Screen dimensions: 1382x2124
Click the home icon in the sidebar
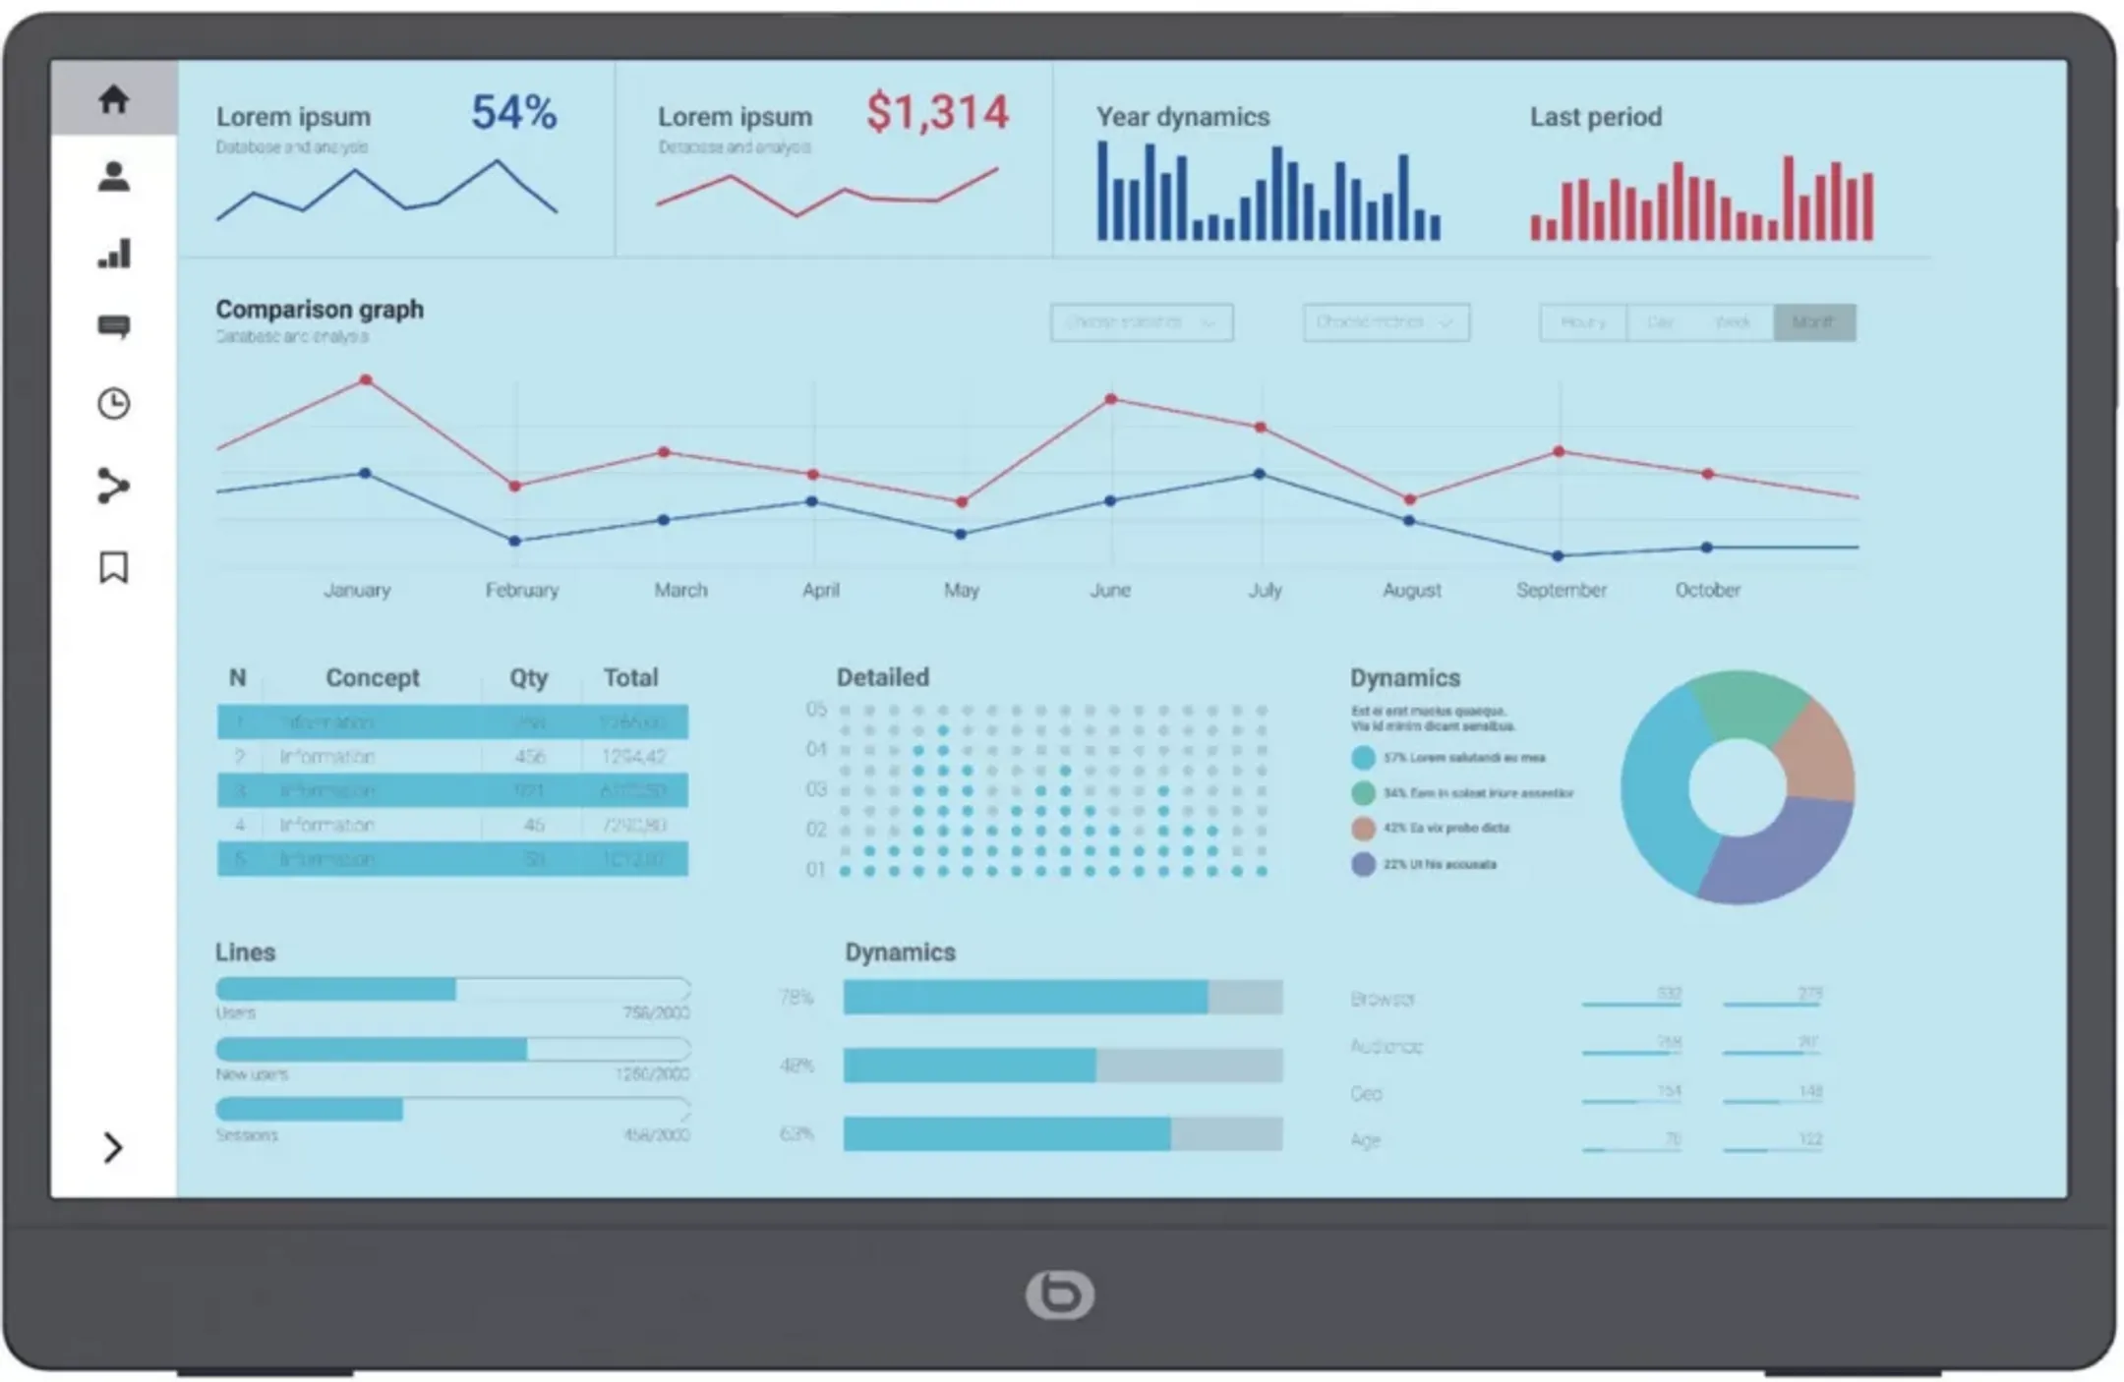pos(114,98)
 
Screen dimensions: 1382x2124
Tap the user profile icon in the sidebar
pos(114,177)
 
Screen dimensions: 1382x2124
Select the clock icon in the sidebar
pos(114,404)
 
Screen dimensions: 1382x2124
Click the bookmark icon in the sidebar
pos(114,567)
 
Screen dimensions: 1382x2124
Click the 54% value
pos(513,112)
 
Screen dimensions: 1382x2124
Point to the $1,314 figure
pos(937,112)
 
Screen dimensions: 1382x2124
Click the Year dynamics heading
pos(1183,117)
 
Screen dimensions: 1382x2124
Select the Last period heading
pos(1595,117)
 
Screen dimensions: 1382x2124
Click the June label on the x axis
pos(1110,590)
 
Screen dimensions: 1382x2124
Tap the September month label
pos(1561,590)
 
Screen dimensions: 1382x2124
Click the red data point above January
pos(366,379)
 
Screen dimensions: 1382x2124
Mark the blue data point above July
pos(1260,474)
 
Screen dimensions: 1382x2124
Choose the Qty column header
pos(528,677)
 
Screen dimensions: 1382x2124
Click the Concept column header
pos(372,677)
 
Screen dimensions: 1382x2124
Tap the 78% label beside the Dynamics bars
pos(796,998)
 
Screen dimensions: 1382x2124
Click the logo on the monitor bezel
pos(1059,1295)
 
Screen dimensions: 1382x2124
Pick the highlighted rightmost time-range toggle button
pos(1814,322)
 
